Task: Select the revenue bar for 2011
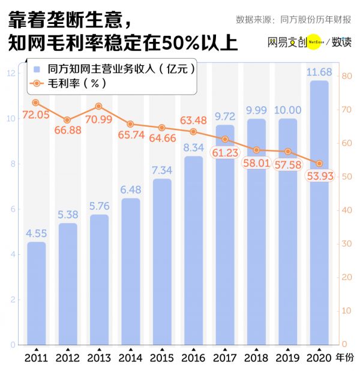pos(37,294)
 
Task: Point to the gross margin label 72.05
pos(35,115)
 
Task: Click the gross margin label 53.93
pos(319,176)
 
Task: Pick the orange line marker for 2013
pos(99,106)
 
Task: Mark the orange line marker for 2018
pos(256,150)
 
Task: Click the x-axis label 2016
pos(193,358)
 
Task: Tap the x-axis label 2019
pos(287,358)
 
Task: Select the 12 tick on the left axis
pos(11,73)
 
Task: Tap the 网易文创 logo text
pos(287,43)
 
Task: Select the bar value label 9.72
pos(225,116)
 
